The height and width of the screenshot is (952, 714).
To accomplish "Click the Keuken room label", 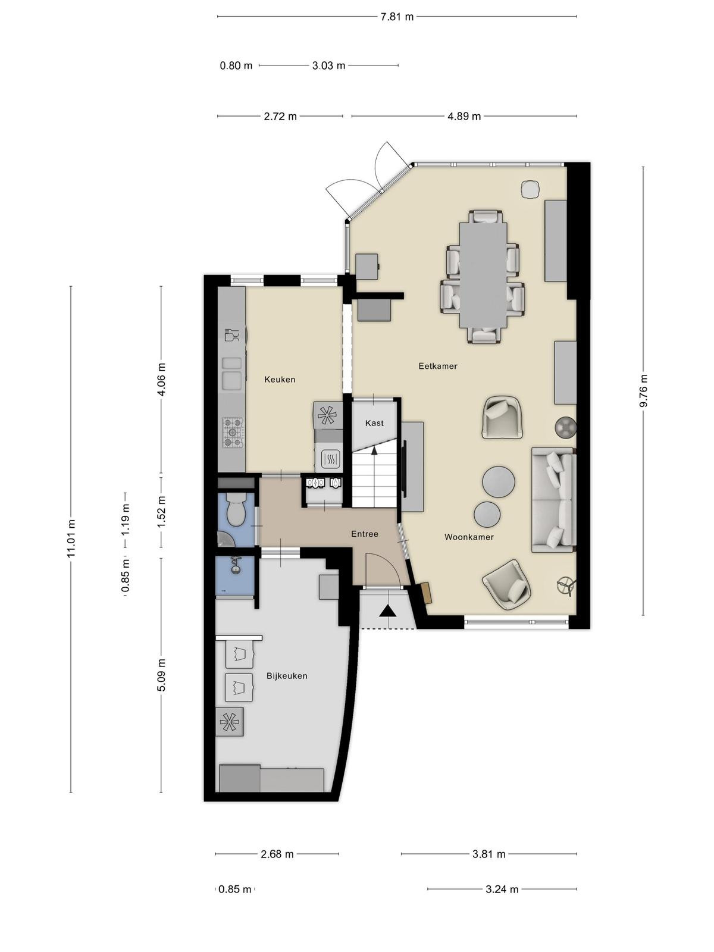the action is point(280,380).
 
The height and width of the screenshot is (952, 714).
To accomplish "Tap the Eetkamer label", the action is point(438,366).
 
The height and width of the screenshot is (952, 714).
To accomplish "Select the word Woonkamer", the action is point(469,537).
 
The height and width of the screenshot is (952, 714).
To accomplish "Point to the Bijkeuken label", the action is point(287,676).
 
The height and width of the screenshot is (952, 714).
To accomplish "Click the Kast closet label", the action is point(374,423).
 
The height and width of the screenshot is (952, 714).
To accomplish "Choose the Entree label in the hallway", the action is point(365,534).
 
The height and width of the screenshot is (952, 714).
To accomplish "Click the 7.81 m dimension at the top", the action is point(397,17).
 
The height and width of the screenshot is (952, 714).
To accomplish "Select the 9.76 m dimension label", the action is point(643,390).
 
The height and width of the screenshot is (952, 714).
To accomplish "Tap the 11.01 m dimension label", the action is point(71,538).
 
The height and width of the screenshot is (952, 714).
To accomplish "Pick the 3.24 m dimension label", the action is point(502,889).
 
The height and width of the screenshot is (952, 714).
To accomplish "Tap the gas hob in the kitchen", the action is point(233,433).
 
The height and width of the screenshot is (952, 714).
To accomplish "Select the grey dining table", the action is point(483,275).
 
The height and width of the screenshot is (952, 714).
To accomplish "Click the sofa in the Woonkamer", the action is point(553,500).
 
